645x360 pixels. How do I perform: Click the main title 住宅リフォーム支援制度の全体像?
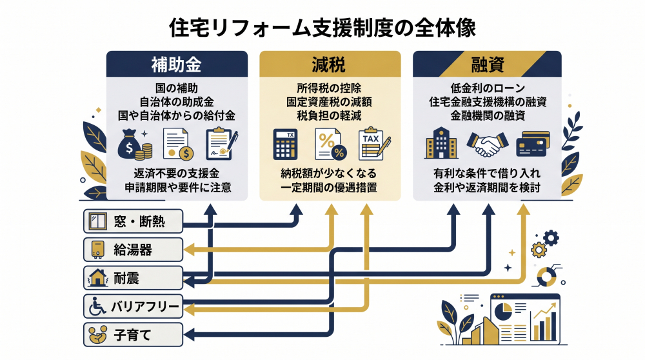click(x=322, y=28)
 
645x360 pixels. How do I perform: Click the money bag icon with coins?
click(x=134, y=145)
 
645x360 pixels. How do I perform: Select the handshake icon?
click(x=488, y=145)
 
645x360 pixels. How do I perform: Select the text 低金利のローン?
click(x=487, y=88)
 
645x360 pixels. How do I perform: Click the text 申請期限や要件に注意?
click(x=178, y=188)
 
